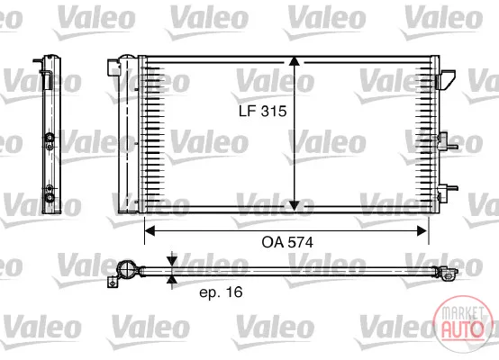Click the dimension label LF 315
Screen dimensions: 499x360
click(x=262, y=111)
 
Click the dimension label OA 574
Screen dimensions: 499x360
click(x=287, y=242)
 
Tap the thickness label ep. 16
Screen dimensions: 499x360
click(x=221, y=292)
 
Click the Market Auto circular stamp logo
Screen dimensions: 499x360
click(x=463, y=324)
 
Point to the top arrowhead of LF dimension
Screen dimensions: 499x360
click(x=295, y=61)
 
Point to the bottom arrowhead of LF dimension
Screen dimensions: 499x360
click(x=295, y=205)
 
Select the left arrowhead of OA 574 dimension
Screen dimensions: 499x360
click(x=150, y=231)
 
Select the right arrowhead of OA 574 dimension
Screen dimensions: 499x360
click(x=422, y=231)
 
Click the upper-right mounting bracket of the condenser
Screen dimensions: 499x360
click(x=446, y=79)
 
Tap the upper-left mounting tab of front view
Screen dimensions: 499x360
click(x=113, y=67)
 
